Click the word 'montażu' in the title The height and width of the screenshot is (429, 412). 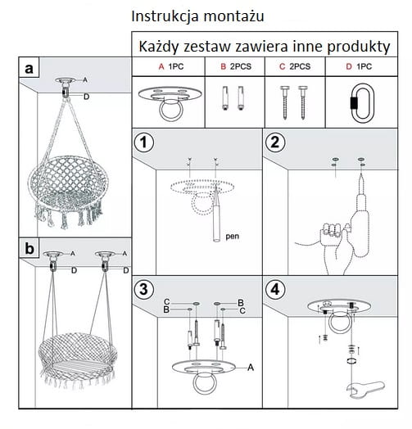233,16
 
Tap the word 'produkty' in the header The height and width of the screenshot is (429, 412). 359,47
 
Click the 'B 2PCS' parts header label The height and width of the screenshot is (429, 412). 236,66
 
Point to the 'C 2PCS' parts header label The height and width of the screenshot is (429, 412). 295,66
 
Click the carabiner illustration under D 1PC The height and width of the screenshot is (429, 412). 362,103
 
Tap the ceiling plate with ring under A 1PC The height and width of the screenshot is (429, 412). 170,103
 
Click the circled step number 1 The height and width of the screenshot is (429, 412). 143,142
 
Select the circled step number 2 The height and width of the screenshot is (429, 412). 275,142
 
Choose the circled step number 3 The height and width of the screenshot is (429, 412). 143,290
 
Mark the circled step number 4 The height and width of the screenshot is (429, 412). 275,290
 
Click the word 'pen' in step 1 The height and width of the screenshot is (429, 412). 232,236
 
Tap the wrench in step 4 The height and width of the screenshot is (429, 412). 365,389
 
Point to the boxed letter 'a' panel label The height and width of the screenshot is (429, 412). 29,68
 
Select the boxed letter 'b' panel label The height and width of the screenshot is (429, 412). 29,248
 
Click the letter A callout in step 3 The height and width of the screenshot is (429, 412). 251,368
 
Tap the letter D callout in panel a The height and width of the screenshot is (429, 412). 87,97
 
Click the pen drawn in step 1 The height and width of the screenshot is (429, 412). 216,214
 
